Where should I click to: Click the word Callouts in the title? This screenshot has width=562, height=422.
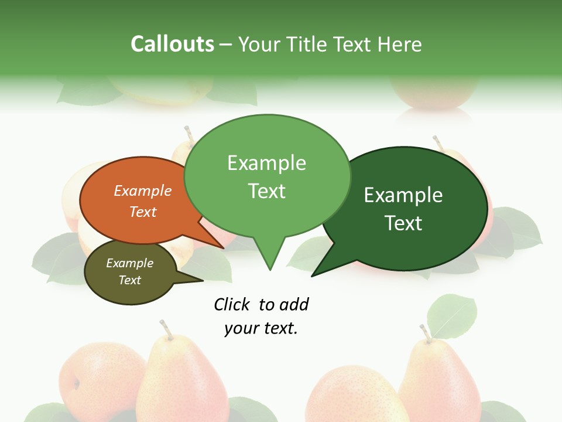point(172,45)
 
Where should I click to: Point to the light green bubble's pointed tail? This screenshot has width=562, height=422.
point(269,258)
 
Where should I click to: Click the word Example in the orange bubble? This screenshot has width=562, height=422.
point(142,191)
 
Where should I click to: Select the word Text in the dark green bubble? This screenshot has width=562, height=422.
point(403,223)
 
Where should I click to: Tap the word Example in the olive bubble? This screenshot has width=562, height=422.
point(129,264)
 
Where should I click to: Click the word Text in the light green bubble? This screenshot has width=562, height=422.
point(267,191)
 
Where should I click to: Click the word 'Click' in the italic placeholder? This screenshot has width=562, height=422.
point(232,304)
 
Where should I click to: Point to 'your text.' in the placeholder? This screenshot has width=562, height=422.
point(261,328)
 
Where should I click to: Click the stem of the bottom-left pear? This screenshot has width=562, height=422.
point(166,329)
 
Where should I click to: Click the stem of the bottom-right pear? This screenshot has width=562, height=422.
point(425,333)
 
